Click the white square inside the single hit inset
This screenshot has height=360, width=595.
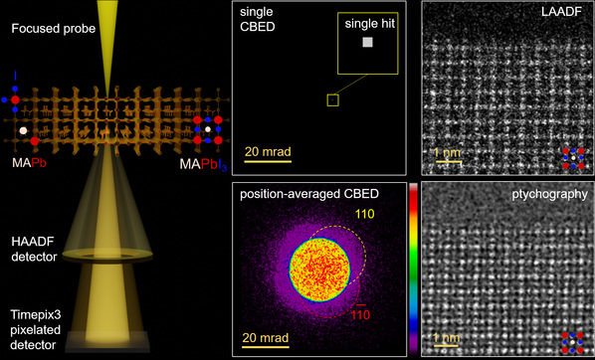click(368, 43)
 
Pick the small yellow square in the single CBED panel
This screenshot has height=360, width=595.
click(333, 99)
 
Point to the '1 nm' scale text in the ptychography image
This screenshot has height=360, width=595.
click(447, 337)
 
